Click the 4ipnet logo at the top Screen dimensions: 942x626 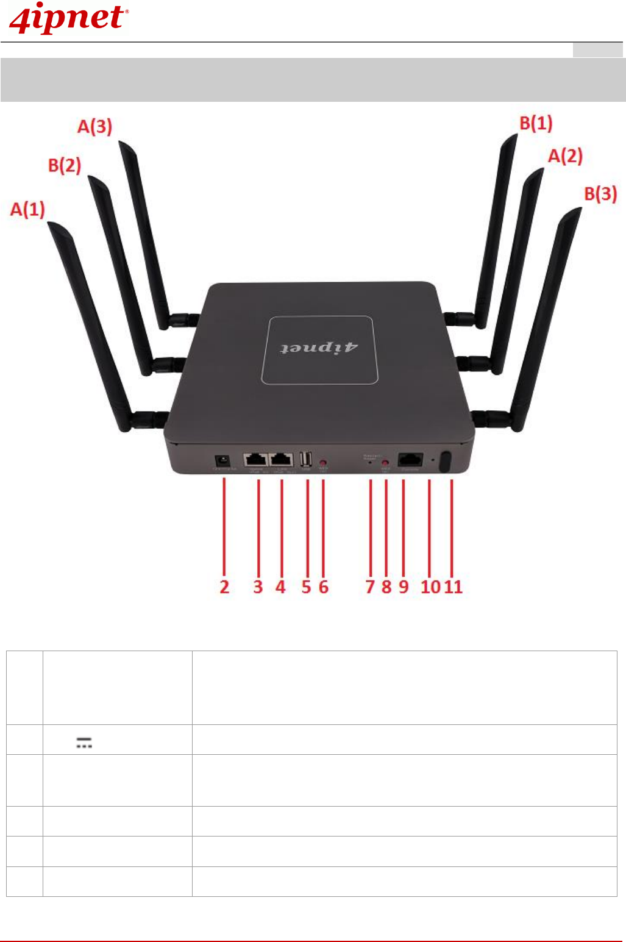click(68, 18)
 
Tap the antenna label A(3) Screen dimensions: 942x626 click(94, 127)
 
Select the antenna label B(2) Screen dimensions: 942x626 click(65, 165)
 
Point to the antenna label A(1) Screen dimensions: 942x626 click(27, 209)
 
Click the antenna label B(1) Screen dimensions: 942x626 click(536, 123)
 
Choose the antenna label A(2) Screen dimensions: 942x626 click(565, 156)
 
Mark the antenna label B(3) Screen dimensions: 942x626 click(600, 194)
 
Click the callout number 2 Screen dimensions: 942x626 click(224, 587)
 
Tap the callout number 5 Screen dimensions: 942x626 click(306, 587)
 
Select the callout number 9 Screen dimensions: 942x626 click(404, 587)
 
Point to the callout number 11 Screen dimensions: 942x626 click(453, 587)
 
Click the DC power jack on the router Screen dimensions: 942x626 click(222, 461)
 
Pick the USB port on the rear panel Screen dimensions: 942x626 click(306, 459)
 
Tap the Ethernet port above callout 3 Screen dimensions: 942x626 click(256, 460)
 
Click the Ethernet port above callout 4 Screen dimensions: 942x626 click(281, 460)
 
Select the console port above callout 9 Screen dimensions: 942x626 click(410, 460)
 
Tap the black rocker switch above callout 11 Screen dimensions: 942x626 click(446, 461)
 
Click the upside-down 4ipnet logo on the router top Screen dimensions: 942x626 click(319, 348)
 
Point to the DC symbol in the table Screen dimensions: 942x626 click(84, 742)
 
